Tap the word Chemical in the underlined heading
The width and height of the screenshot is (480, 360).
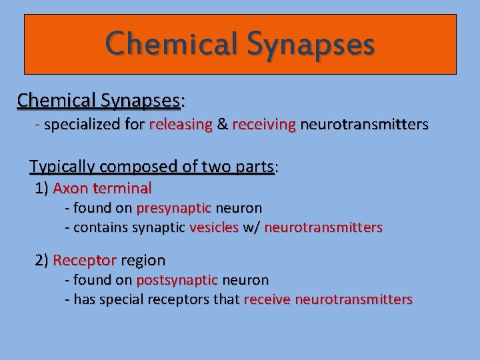pos(57,100)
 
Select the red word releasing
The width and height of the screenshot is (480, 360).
pos(181,125)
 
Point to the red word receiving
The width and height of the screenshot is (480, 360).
pos(263,125)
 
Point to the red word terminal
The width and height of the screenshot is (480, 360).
pos(122,188)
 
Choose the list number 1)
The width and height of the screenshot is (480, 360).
pos(41,188)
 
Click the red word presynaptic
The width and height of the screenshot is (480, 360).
pos(173,208)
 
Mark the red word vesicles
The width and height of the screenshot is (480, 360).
pos(214,227)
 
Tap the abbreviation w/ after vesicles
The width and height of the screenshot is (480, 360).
pos(251,227)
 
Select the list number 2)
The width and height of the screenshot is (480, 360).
pos(41,260)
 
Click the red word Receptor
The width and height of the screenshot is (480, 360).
pos(85,260)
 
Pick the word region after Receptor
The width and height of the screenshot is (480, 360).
pos(143,260)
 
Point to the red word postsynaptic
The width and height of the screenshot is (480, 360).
pos(177,280)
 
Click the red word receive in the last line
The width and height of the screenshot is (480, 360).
pos(267,299)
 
